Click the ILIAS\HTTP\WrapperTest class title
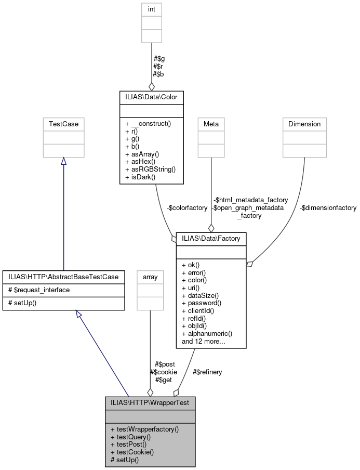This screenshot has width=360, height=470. click(x=150, y=402)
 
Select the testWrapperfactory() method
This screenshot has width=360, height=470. click(x=144, y=429)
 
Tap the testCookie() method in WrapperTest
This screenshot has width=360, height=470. click(x=132, y=452)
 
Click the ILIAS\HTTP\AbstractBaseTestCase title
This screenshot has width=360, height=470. click(x=63, y=277)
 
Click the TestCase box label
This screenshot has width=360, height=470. click(x=63, y=124)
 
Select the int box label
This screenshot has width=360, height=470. click(x=152, y=9)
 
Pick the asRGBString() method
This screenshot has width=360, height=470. click(x=143, y=169)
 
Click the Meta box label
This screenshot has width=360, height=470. click(x=211, y=124)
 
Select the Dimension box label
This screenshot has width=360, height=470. click(x=305, y=124)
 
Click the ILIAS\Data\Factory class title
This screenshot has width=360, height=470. click(x=211, y=238)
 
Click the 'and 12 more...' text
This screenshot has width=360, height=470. click(x=203, y=342)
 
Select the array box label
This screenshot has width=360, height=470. click(x=150, y=277)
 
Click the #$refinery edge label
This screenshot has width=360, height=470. click(x=207, y=372)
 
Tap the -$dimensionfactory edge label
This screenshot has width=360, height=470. click(x=328, y=207)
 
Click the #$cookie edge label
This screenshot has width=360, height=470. click(x=163, y=372)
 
